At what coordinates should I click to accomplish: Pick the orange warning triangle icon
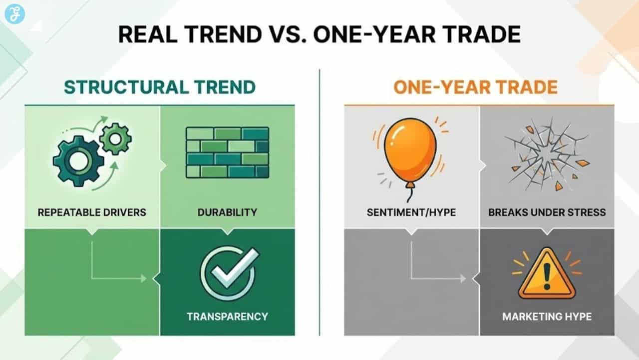click(547, 275)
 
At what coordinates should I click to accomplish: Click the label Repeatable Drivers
click(92, 212)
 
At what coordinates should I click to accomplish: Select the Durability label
click(227, 212)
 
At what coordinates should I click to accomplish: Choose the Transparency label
click(227, 316)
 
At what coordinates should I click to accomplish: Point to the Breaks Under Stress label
click(547, 212)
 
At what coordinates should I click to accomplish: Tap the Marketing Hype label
click(547, 316)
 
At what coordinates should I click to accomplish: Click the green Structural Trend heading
click(160, 87)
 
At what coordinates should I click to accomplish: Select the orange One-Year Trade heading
click(475, 87)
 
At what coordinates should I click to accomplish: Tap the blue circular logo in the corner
click(14, 13)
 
